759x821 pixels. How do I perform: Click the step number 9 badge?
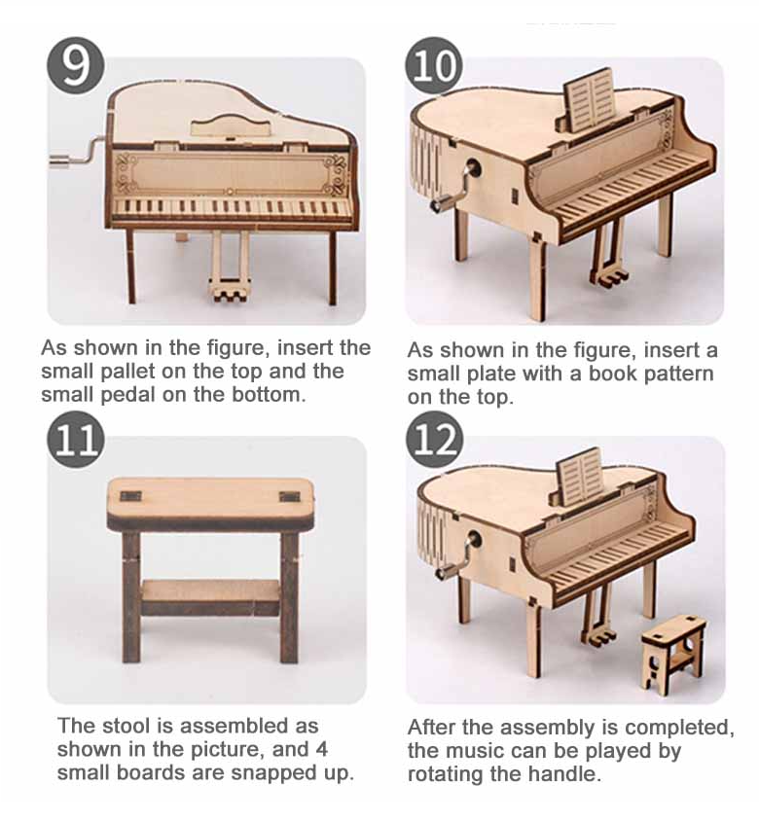click(76, 65)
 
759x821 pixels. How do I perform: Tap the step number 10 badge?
click(434, 65)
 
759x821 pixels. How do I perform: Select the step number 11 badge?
click(76, 440)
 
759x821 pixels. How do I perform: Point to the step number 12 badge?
click(434, 440)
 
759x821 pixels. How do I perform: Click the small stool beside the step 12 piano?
click(672, 654)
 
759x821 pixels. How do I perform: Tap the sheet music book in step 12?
click(578, 477)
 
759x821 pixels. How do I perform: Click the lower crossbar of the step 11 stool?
click(210, 597)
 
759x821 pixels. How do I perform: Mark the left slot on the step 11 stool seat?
click(130, 496)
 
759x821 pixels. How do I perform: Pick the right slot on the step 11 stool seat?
click(290, 496)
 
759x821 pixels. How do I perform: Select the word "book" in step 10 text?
click(612, 374)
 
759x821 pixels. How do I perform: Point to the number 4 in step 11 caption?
click(321, 749)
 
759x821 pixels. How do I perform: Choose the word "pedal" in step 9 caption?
click(127, 395)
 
